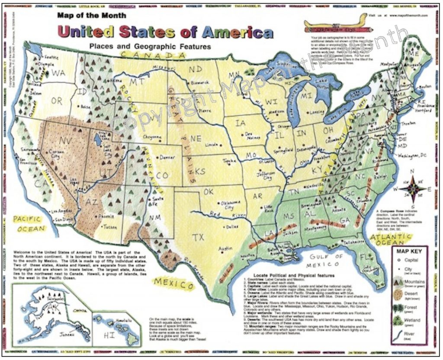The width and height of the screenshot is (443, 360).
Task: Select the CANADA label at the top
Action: (154, 55)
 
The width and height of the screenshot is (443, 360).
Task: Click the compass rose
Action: (411, 188)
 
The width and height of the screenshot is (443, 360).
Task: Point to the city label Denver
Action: (167, 158)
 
